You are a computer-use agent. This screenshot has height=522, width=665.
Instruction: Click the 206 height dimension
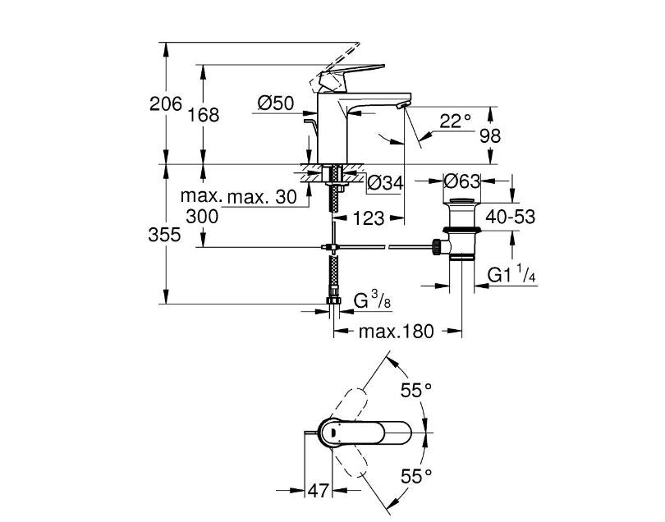(166, 104)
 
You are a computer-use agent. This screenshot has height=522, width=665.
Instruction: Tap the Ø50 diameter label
(275, 103)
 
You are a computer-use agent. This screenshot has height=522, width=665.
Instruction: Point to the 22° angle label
(456, 121)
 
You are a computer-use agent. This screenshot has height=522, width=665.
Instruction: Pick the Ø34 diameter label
(385, 183)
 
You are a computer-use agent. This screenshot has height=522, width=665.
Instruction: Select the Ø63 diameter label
(462, 180)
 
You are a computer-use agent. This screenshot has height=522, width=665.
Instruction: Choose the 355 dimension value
(166, 235)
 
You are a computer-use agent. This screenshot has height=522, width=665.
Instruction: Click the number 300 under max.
(203, 217)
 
